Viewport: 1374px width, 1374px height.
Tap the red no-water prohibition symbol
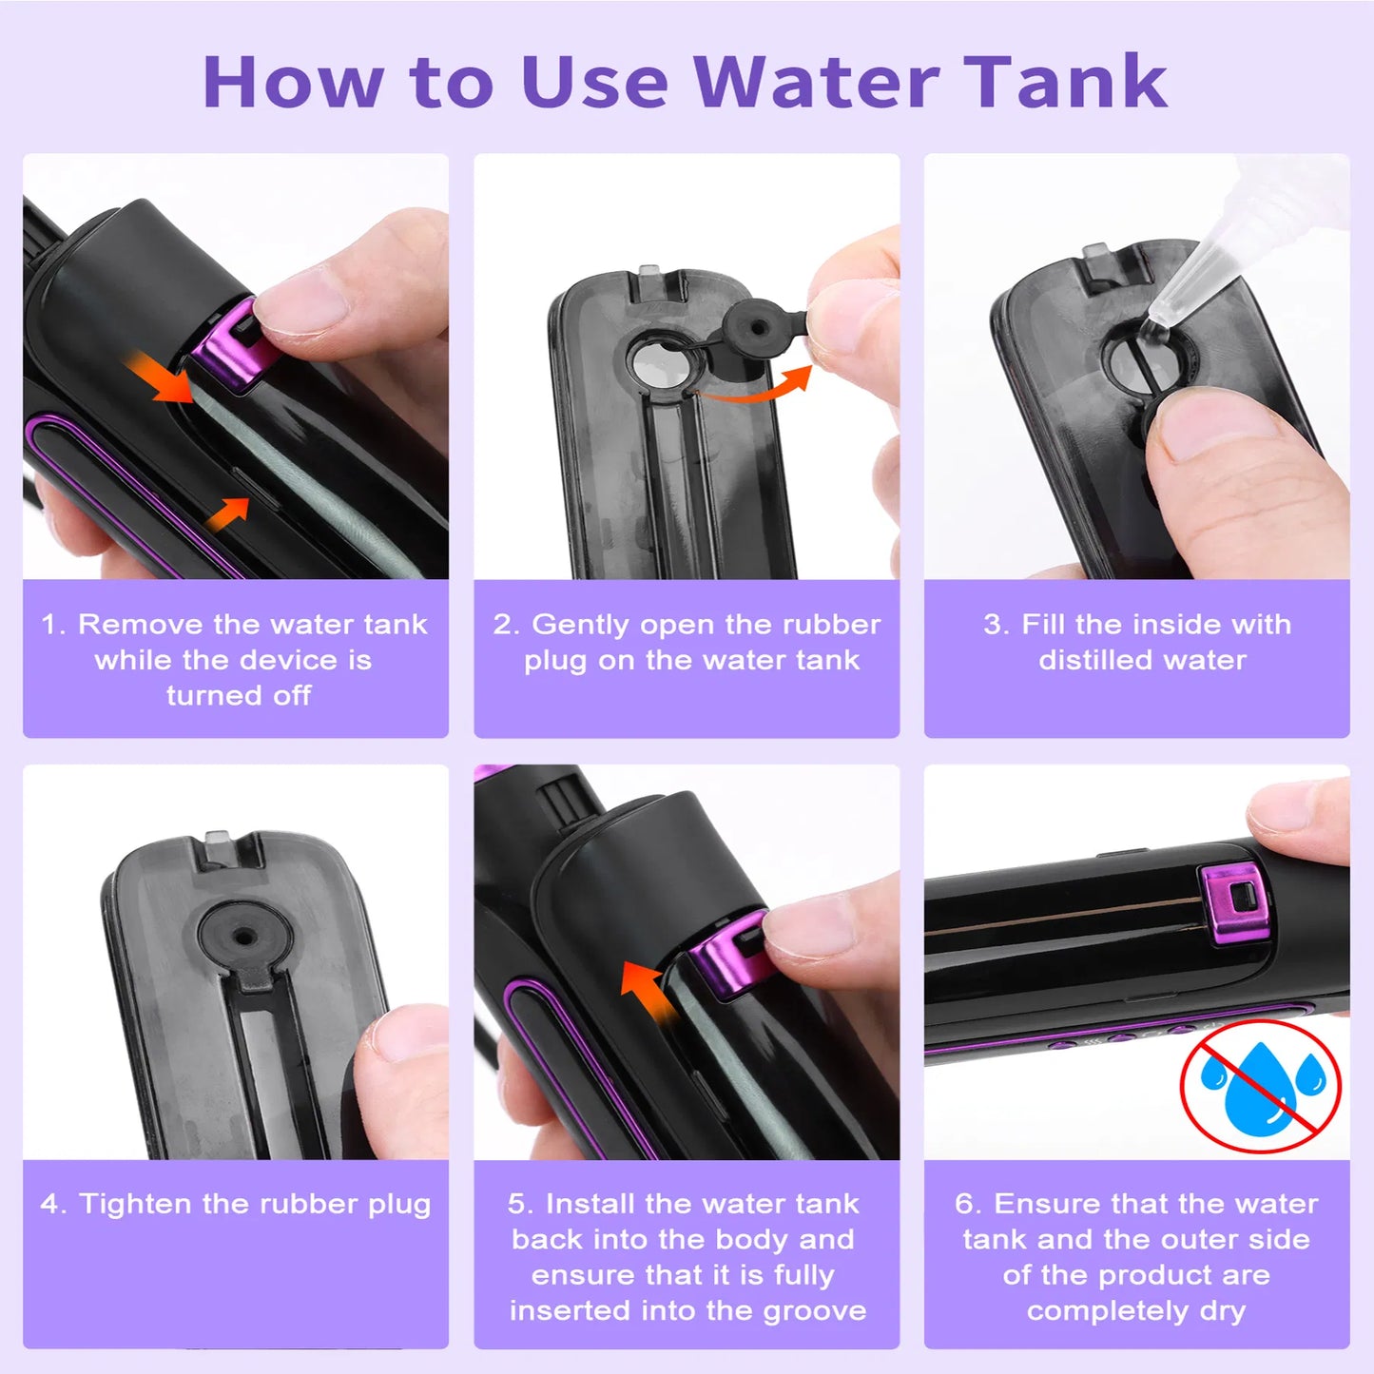[1260, 1086]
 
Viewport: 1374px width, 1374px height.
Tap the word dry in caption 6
[1223, 1311]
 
